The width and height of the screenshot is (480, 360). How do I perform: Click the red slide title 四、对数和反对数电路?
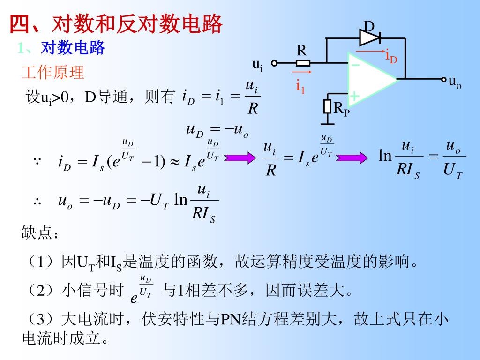(115, 25)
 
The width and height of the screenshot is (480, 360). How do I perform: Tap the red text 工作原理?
(52, 73)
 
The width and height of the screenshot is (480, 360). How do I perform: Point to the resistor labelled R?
(303, 62)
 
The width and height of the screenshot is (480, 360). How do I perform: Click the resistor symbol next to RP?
(328, 106)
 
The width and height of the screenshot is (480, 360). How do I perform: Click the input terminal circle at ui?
(275, 62)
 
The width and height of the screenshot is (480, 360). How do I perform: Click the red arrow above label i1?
(301, 73)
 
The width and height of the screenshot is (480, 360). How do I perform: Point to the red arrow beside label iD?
(370, 50)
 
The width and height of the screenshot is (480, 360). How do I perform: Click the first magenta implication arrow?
(239, 158)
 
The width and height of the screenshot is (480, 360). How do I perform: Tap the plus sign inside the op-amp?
(355, 97)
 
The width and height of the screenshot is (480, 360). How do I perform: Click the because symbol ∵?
(37, 162)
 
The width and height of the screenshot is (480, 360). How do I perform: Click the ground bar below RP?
(328, 124)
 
